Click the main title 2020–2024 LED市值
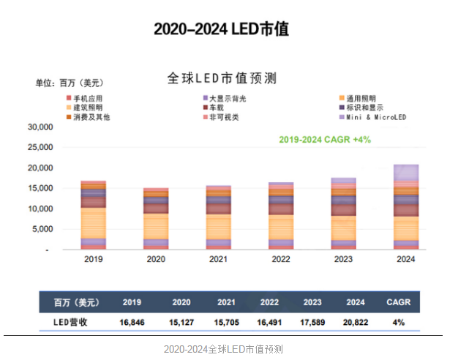click(221, 29)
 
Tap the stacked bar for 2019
click(93, 215)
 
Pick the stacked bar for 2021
click(219, 217)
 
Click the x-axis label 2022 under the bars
click(281, 258)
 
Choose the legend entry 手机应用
click(85, 98)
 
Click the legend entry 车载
click(218, 108)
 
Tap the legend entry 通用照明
click(360, 98)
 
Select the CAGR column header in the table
click(399, 301)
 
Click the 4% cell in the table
click(399, 322)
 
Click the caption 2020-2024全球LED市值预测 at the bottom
click(222, 348)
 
